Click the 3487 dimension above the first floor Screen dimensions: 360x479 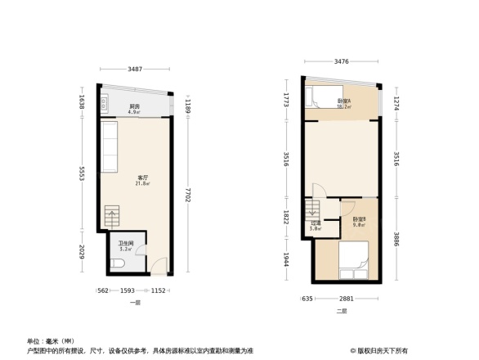(x=137, y=69)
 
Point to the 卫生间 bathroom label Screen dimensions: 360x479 (x=126, y=243)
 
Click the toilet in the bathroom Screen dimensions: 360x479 (x=119, y=263)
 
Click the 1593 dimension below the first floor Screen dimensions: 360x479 (x=128, y=291)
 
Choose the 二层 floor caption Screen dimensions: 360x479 (x=342, y=311)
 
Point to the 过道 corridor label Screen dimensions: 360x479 (x=315, y=225)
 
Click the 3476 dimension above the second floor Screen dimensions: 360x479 (x=341, y=62)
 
